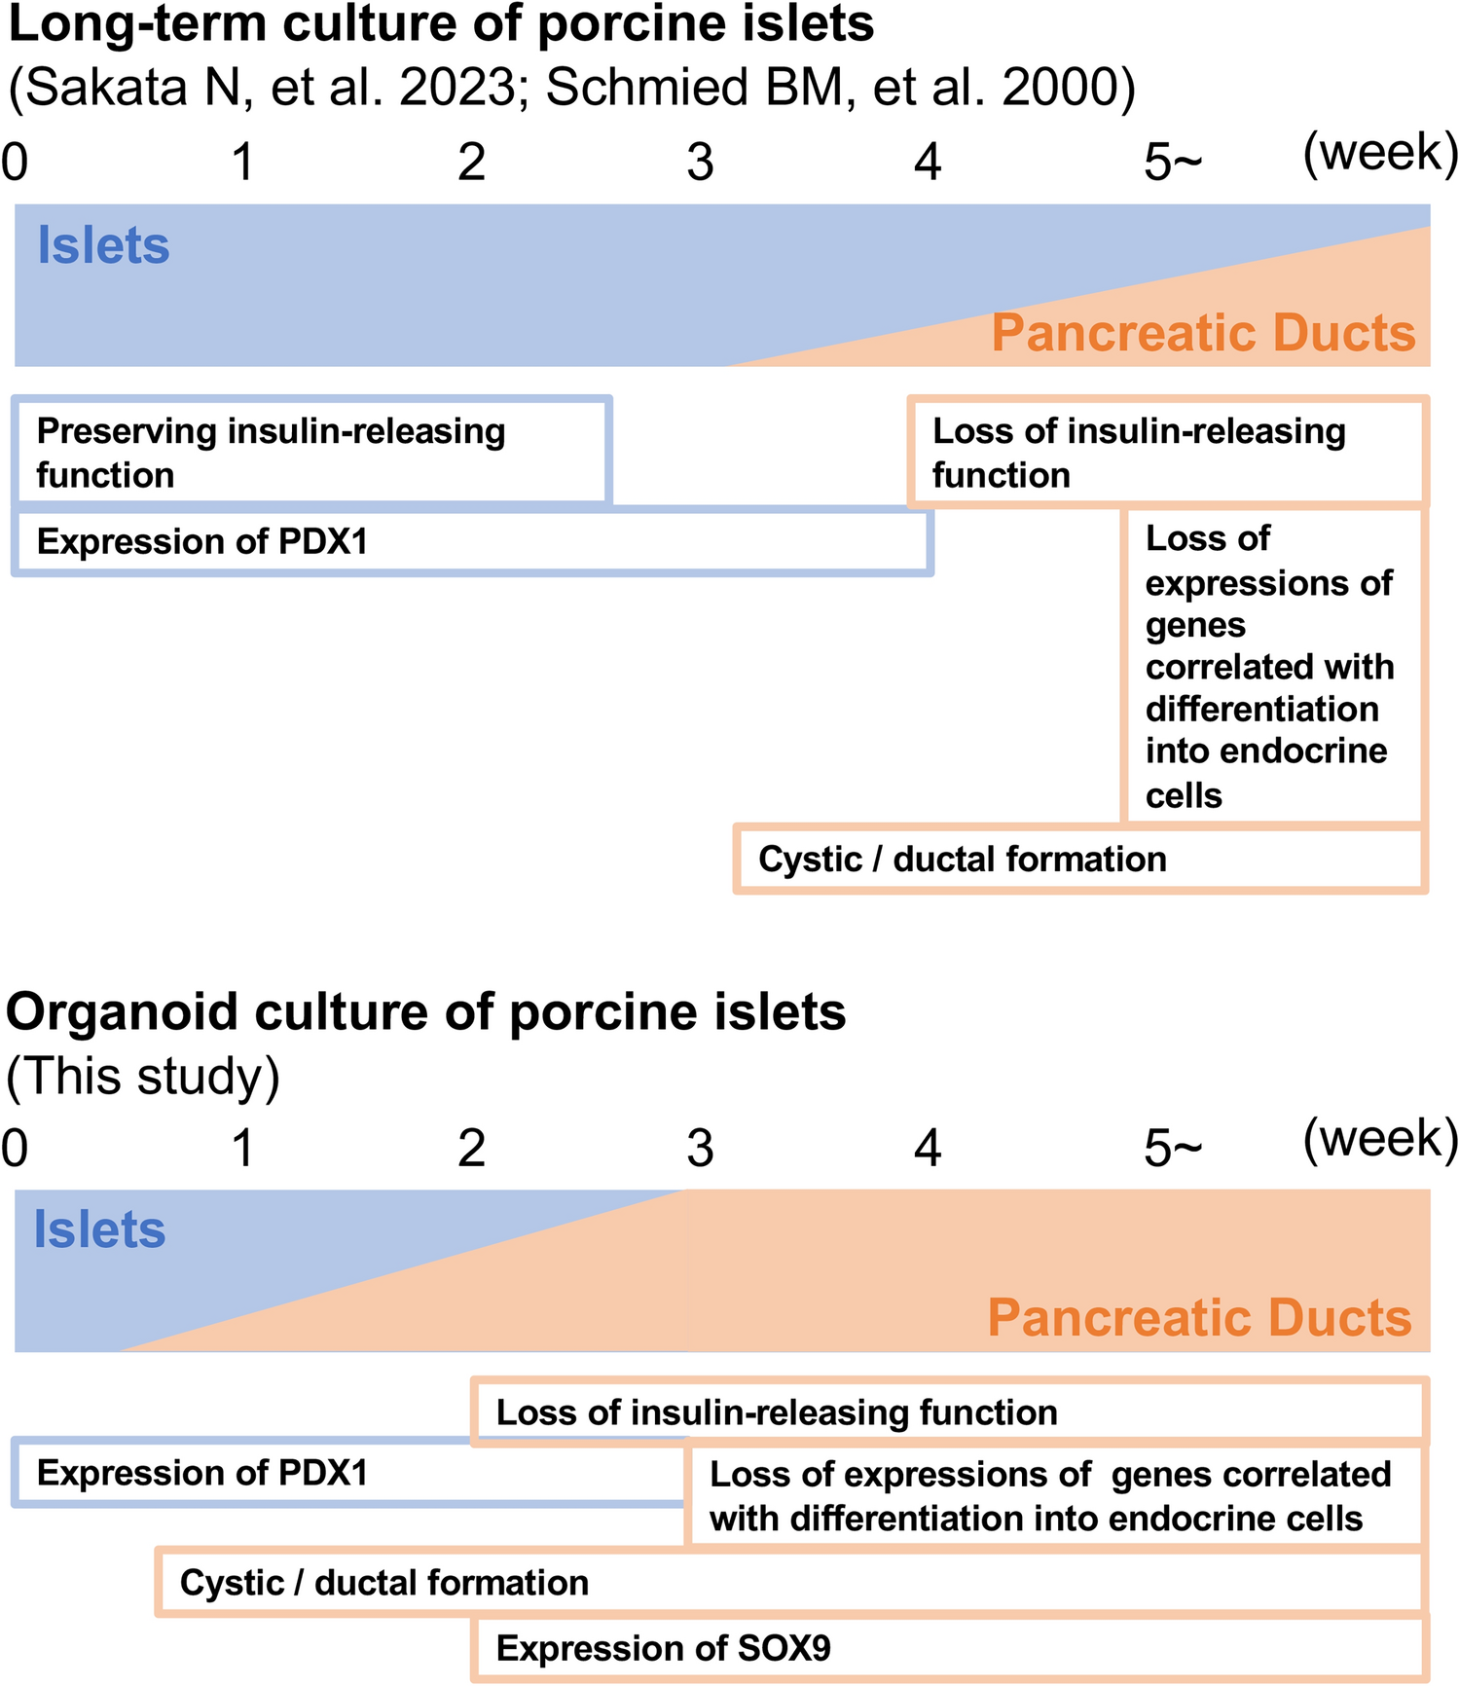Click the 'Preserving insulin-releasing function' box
[x=311, y=453]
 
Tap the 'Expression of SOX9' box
[x=949, y=1649]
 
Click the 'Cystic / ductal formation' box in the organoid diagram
[x=788, y=1583]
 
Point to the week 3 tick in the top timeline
[x=700, y=162]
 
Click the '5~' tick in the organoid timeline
[x=1172, y=1149]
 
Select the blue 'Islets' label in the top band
[x=103, y=245]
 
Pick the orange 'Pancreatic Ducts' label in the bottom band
[x=1199, y=1318]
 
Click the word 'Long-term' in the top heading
[x=136, y=23]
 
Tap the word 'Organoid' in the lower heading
[x=122, y=1012]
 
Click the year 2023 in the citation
[x=456, y=88]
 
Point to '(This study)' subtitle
[x=143, y=1077]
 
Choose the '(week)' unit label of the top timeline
[x=1380, y=154]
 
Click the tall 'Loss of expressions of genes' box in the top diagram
[x=1271, y=666]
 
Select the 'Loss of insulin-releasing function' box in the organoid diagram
[x=949, y=1412]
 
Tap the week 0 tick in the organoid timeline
[x=15, y=1149]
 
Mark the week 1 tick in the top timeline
[x=242, y=162]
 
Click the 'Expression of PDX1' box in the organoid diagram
[x=350, y=1474]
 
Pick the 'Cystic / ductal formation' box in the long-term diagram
[x=1080, y=860]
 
